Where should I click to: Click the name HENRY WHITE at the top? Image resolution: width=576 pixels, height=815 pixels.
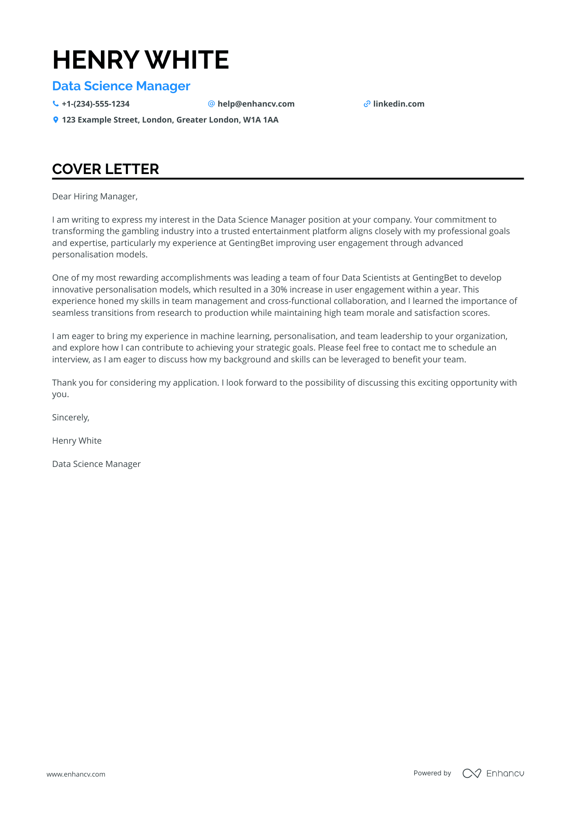141,60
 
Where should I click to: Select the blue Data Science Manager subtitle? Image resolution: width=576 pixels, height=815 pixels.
121,86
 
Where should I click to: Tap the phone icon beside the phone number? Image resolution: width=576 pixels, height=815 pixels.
56,104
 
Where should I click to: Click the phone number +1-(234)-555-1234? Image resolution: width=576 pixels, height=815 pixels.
96,104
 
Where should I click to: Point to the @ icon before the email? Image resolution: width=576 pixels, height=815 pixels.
211,104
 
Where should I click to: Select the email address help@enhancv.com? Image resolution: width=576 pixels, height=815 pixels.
256,104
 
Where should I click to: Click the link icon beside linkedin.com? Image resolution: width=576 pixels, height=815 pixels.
367,104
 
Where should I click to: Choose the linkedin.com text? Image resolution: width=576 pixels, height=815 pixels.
399,104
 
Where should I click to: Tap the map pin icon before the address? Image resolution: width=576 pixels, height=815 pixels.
56,120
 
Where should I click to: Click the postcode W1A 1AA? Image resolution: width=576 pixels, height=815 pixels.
261,120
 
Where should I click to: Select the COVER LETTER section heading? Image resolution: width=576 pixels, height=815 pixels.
105,169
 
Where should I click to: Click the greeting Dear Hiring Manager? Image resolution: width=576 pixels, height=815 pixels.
95,196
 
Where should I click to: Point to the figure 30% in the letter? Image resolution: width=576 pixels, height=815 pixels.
279,290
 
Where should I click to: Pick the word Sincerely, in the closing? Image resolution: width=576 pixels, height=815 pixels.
71,418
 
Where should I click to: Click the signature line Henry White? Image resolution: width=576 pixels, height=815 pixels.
77,441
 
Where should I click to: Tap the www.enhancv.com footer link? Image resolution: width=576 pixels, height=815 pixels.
76,774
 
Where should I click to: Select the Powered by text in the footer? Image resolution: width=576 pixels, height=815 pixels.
432,773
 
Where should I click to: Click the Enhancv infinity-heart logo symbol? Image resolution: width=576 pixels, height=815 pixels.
471,773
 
